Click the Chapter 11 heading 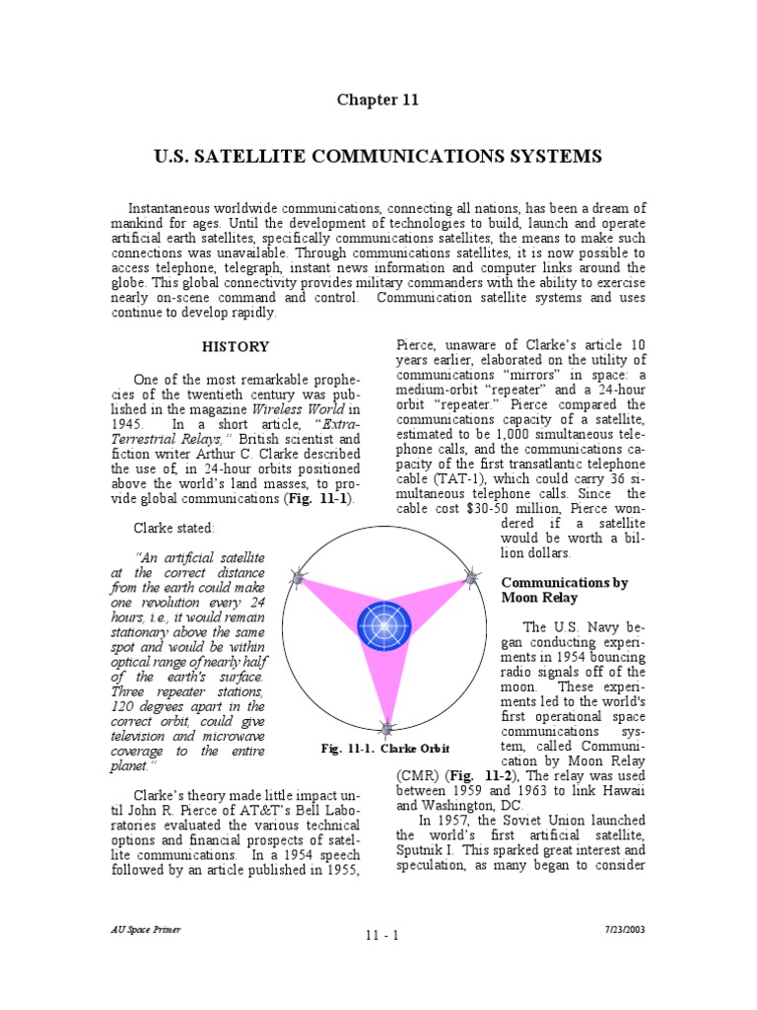pyautogui.click(x=378, y=100)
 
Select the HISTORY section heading pyautogui.click(x=235, y=346)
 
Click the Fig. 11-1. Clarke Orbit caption pyautogui.click(x=380, y=749)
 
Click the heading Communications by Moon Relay pyautogui.click(x=565, y=590)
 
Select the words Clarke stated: pyautogui.click(x=173, y=528)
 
